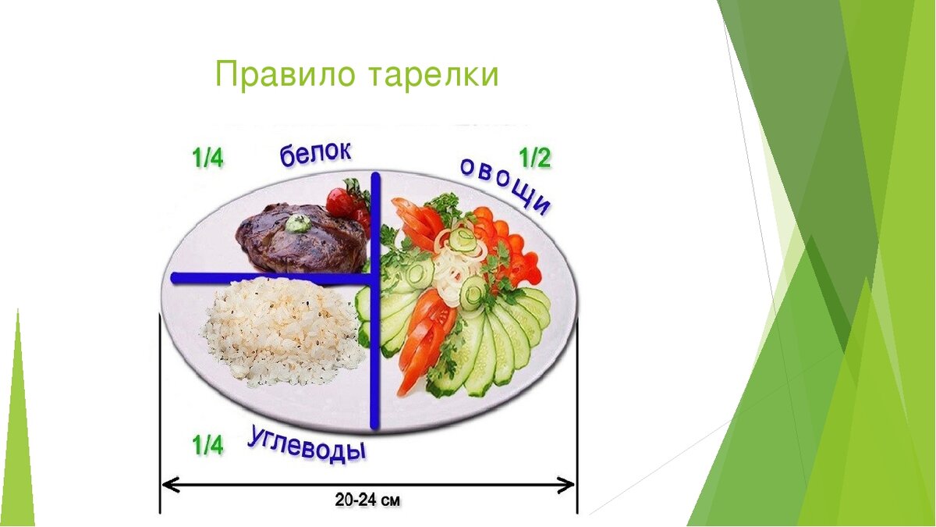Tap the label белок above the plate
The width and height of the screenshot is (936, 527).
315,154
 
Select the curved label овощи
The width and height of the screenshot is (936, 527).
505,186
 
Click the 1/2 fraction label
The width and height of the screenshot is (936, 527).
535,158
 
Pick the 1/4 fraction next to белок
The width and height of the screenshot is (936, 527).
207,158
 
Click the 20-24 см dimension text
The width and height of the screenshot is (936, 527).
367,500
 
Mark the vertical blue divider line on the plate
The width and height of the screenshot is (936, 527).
376,301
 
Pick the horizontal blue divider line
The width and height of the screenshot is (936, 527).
271,278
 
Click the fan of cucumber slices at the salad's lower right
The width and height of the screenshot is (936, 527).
493,343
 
